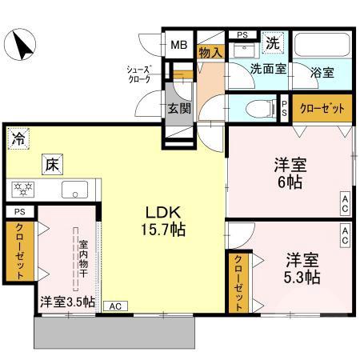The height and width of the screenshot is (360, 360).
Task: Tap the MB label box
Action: coord(179,45)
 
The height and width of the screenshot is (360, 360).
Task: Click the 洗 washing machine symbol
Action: coord(273,42)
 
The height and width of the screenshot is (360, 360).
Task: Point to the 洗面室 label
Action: coord(266,70)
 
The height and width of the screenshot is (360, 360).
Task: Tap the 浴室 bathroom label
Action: coord(322,70)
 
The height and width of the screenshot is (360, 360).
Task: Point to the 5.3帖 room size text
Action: coord(303,278)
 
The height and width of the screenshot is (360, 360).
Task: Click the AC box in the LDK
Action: coord(114,305)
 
